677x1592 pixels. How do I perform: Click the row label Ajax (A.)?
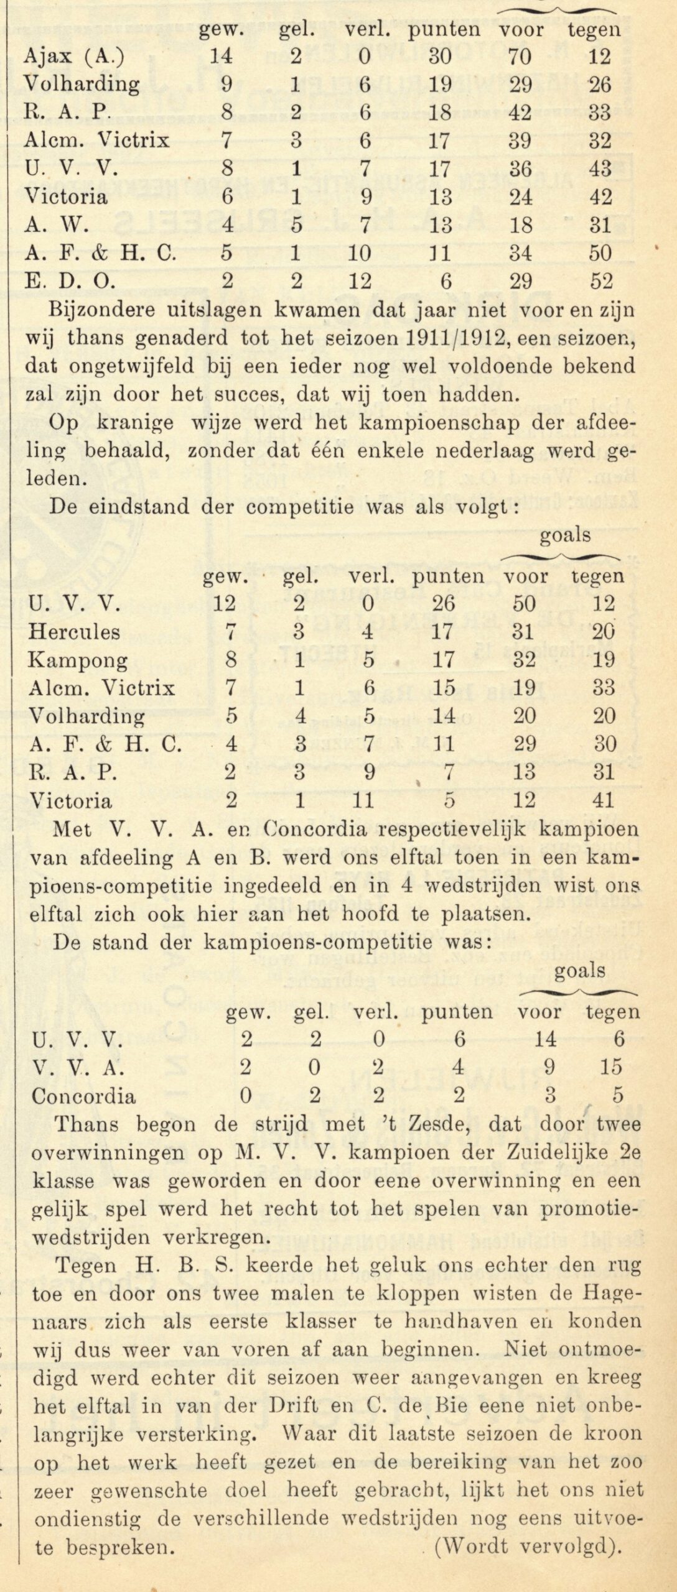(73, 57)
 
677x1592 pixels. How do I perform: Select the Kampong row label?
(78, 660)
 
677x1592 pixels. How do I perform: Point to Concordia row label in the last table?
(83, 1095)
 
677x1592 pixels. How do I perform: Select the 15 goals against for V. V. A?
(611, 1067)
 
